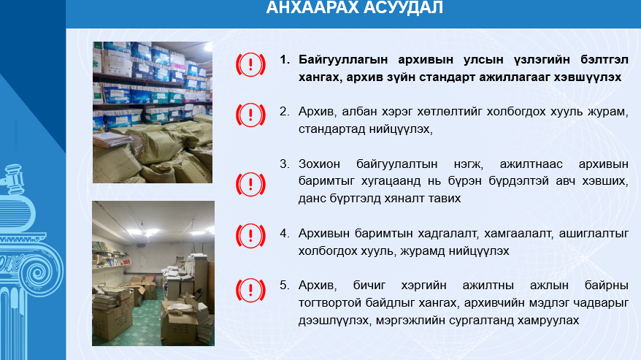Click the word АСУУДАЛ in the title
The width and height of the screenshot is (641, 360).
pyautogui.click(x=403, y=7)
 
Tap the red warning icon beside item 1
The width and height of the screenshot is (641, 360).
pyautogui.click(x=250, y=65)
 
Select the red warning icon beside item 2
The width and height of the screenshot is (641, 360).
pyautogui.click(x=250, y=115)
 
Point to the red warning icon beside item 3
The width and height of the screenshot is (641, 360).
pyautogui.click(x=250, y=184)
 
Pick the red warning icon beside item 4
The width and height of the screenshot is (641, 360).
pyautogui.click(x=250, y=236)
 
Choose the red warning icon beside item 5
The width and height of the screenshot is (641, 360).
pyautogui.click(x=250, y=290)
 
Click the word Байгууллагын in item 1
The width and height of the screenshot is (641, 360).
pyautogui.click(x=343, y=60)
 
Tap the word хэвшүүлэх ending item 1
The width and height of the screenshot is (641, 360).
pyautogui.click(x=588, y=77)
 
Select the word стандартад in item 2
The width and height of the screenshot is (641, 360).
pyautogui.click(x=332, y=129)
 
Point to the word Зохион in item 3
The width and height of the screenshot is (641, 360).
pyautogui.click(x=319, y=164)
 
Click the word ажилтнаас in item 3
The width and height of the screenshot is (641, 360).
pyautogui.click(x=531, y=164)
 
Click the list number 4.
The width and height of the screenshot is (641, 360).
pyautogui.click(x=285, y=233)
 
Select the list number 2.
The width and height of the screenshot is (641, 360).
pyautogui.click(x=285, y=111)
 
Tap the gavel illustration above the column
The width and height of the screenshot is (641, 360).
pyautogui.click(x=12, y=179)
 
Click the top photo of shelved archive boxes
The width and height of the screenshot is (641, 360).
pyautogui.click(x=153, y=112)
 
